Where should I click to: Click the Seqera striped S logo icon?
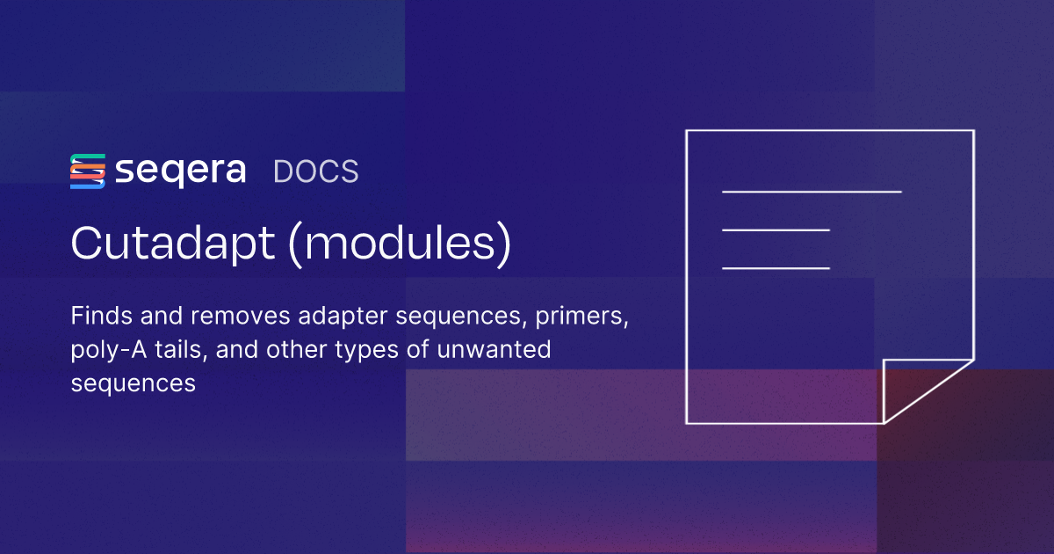tap(88, 171)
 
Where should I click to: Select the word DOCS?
tap(316, 171)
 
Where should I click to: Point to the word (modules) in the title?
tap(400, 244)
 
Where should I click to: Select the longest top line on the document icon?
tap(812, 191)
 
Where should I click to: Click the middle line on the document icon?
tap(776, 230)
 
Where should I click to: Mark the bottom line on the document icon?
tap(776, 267)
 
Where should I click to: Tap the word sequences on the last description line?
tap(133, 383)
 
